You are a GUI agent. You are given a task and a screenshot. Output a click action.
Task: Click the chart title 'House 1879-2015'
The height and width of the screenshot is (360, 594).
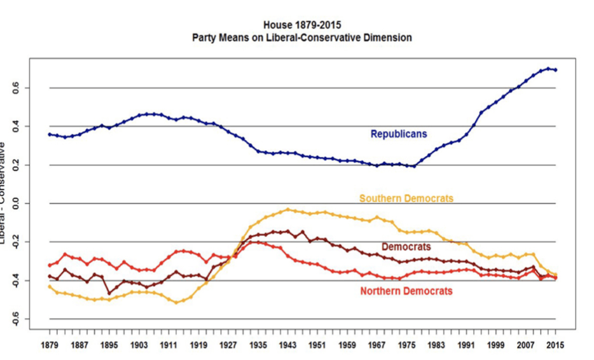(x=301, y=25)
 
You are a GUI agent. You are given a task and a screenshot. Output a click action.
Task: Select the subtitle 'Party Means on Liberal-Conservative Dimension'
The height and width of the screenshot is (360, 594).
(x=301, y=38)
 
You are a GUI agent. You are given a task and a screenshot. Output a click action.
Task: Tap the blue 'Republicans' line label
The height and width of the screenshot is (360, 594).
(x=399, y=134)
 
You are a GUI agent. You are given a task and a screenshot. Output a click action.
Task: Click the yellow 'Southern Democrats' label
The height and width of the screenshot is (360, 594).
(x=406, y=198)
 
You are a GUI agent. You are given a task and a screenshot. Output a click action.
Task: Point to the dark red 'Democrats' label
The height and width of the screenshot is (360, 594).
(x=406, y=247)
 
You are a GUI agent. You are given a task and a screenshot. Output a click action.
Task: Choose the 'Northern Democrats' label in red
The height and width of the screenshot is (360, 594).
(x=406, y=291)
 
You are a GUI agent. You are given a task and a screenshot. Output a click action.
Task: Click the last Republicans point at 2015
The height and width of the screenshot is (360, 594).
(x=556, y=70)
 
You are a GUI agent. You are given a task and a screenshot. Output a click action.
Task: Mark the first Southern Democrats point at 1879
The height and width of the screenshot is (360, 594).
(x=50, y=286)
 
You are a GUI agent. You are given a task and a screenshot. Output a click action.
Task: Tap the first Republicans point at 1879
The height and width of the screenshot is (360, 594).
(x=50, y=134)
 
